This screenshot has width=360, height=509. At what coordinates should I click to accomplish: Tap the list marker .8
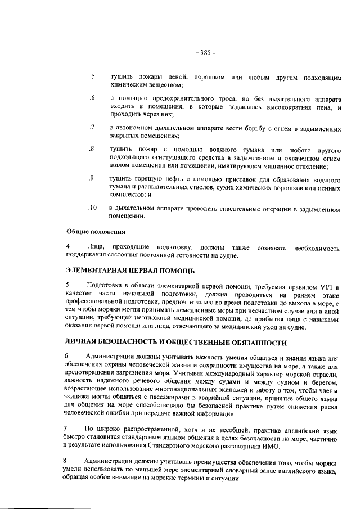click(92, 149)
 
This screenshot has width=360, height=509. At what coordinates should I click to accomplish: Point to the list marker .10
click(93, 208)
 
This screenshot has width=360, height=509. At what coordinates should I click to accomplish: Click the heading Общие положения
click(96, 232)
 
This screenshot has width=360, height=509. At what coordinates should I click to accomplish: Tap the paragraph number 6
click(68, 356)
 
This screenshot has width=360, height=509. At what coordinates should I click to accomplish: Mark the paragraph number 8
click(68, 461)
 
